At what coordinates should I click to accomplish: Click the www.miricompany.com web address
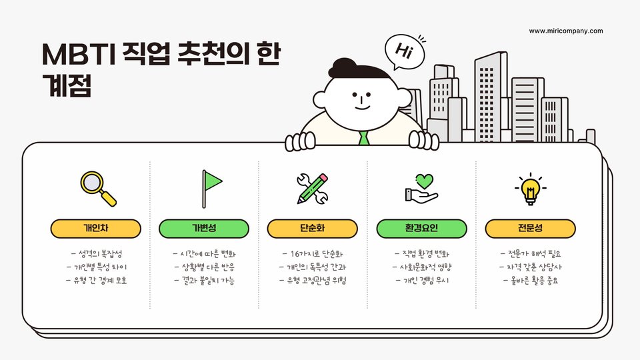click(x=566, y=31)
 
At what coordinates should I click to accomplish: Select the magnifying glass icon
click(x=97, y=188)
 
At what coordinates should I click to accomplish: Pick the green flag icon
click(x=211, y=187)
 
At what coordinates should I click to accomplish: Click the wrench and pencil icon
click(x=313, y=188)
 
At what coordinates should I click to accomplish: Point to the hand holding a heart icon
click(x=421, y=188)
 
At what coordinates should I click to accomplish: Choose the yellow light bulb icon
click(x=530, y=188)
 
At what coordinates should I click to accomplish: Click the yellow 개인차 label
click(x=96, y=229)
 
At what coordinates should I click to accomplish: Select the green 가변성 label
click(x=204, y=229)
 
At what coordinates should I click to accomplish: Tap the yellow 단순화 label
click(x=313, y=229)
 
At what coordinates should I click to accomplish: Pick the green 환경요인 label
click(x=421, y=229)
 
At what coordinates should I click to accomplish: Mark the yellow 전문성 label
click(x=530, y=229)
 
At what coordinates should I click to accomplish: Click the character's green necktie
click(x=363, y=138)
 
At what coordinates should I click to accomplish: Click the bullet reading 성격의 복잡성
click(x=97, y=254)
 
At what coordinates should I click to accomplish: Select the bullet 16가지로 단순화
click(x=313, y=254)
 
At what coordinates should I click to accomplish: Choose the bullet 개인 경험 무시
click(x=422, y=280)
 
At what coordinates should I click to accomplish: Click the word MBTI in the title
click(x=76, y=55)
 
